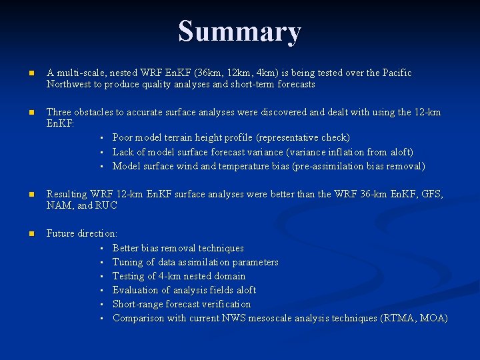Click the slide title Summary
tap(240, 31)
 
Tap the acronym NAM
tap(59, 205)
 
